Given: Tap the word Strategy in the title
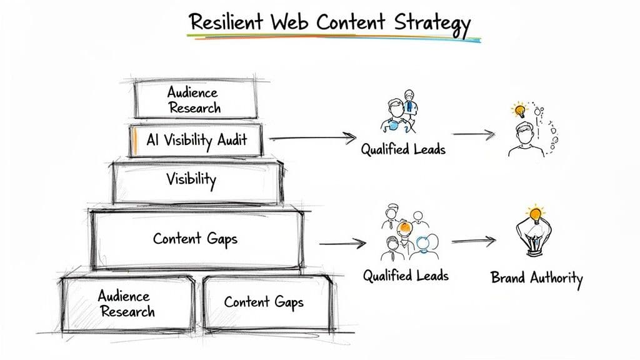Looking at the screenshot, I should click(432, 23).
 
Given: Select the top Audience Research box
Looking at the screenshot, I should click(195, 99).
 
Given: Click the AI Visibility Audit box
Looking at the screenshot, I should click(196, 141).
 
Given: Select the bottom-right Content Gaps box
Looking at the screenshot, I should click(264, 302).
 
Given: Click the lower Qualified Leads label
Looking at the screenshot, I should click(406, 275).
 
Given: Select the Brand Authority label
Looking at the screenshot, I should click(536, 277).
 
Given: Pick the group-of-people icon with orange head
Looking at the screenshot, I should click(406, 235).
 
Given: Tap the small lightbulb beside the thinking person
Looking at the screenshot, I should click(519, 111).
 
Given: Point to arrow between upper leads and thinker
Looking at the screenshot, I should click(473, 133).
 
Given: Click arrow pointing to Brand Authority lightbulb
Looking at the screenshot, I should click(473, 241).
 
